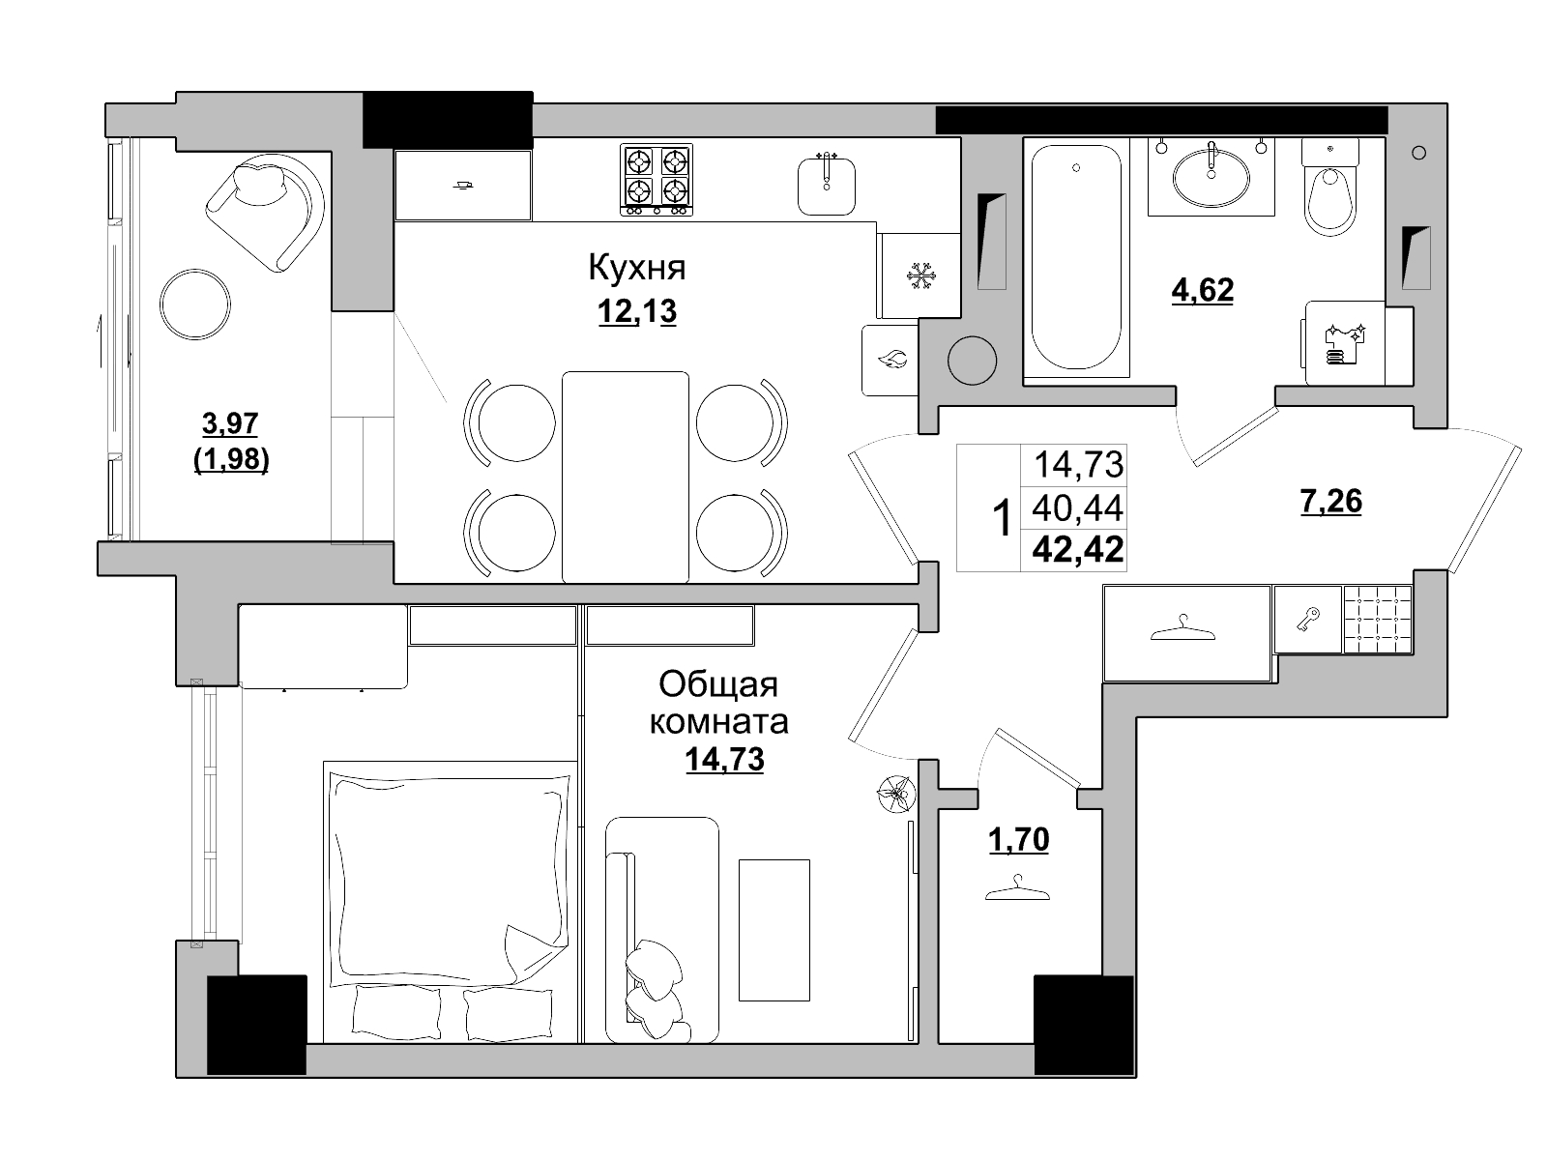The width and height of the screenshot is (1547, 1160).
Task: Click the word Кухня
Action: [636, 269]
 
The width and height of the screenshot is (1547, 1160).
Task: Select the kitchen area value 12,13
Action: [637, 310]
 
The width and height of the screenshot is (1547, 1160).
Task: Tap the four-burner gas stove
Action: [657, 180]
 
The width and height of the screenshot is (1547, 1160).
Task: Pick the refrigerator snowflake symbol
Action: [919, 276]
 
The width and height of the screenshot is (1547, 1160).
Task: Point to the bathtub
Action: [1075, 257]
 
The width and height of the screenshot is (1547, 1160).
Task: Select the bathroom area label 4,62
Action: [1203, 290]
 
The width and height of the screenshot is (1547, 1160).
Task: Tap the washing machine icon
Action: [1345, 344]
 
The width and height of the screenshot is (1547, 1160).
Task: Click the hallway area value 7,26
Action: [1330, 502]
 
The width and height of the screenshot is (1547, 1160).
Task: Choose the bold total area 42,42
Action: [1078, 549]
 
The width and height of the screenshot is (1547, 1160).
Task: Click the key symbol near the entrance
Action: [1307, 620]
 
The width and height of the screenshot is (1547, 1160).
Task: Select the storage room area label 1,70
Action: [1019, 839]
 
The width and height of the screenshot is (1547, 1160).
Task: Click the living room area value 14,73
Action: [724, 759]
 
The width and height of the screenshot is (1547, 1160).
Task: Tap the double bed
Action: [450, 902]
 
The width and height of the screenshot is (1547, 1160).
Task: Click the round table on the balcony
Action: [195, 304]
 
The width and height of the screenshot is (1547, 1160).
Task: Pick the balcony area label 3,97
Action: [230, 423]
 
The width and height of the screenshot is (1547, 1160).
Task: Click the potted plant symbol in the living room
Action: [895, 794]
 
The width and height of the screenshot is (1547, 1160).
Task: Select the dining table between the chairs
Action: [626, 478]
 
